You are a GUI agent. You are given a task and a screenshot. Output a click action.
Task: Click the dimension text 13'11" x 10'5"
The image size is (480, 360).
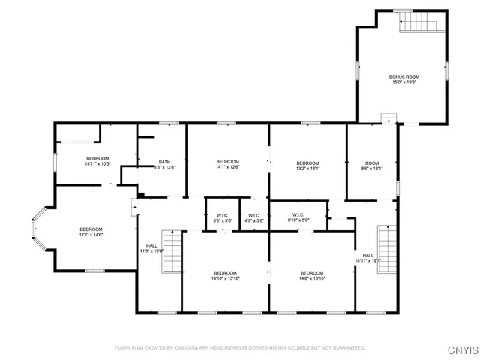(97, 163)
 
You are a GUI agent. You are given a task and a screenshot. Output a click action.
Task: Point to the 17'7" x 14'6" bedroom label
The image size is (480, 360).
(91, 232)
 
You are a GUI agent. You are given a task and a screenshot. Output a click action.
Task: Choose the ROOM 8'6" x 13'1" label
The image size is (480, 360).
(372, 166)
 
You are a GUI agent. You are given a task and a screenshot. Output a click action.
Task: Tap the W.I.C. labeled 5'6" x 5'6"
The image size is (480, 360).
(222, 218)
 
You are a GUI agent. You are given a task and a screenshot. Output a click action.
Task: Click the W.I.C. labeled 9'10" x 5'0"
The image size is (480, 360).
(297, 218)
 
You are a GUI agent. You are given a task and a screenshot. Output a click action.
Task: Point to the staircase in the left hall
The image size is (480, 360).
(172, 251)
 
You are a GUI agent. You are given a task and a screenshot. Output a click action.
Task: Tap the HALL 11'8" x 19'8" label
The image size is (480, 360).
(151, 248)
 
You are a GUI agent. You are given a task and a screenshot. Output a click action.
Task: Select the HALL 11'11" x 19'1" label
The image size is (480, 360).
(368, 258)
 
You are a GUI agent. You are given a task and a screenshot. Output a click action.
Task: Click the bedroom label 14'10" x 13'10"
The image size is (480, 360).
(225, 275)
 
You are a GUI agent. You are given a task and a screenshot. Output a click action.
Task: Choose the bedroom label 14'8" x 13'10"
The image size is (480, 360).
(312, 275)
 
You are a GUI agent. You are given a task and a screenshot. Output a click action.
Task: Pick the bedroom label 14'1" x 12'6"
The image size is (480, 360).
(227, 165)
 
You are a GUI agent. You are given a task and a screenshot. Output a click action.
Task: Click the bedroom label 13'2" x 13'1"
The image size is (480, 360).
(307, 166)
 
